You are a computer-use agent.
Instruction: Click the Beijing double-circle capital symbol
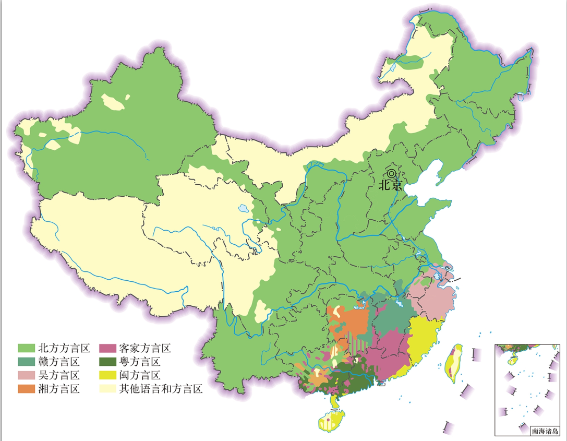coord(391,173)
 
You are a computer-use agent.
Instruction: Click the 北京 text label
coord(391,185)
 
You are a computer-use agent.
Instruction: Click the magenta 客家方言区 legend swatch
coord(107,348)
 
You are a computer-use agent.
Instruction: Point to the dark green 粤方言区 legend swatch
coord(107,362)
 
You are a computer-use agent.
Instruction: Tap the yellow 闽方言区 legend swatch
coord(107,375)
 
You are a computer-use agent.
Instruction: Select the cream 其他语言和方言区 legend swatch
coord(107,389)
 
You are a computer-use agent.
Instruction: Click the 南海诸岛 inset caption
coord(545,431)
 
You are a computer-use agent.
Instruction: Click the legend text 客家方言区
coord(145,348)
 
